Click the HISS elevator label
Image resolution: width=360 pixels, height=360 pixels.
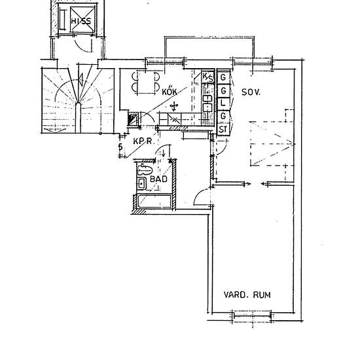pyautogui.click(x=81, y=21)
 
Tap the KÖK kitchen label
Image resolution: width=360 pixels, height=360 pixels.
pyautogui.click(x=170, y=92)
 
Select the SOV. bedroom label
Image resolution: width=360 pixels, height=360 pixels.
pyautogui.click(x=251, y=92)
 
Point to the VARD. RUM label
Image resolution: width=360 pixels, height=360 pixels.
pyautogui.click(x=247, y=295)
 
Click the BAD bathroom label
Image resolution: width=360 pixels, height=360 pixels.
pyautogui.click(x=158, y=179)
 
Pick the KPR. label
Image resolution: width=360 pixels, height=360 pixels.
pyautogui.click(x=143, y=141)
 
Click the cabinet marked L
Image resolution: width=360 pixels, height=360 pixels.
pyautogui.click(x=223, y=103)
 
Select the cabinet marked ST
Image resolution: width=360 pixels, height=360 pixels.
pyautogui.click(x=223, y=130)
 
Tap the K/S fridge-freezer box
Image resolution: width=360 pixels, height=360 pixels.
pyautogui.click(x=207, y=77)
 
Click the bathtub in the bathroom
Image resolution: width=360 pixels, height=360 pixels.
pyautogui.click(x=154, y=202)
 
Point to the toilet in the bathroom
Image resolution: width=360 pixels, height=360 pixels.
pyautogui.click(x=145, y=170)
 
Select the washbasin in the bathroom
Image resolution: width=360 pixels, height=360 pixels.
pyautogui.click(x=141, y=183)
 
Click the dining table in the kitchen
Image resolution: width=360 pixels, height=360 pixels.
pyautogui.click(x=146, y=82)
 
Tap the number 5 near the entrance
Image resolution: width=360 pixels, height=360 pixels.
pyautogui.click(x=120, y=147)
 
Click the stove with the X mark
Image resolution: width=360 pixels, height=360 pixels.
pyautogui.click(x=175, y=119)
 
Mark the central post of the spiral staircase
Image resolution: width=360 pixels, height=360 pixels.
pyautogui.click(x=78, y=118)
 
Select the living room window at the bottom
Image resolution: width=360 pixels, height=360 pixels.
pyautogui.click(x=252, y=315)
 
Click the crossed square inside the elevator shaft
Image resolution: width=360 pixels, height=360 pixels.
pyautogui.click(x=82, y=19)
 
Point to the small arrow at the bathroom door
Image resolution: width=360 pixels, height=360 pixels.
pyautogui.click(x=164, y=153)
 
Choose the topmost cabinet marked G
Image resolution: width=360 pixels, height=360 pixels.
pyautogui.click(x=223, y=77)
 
